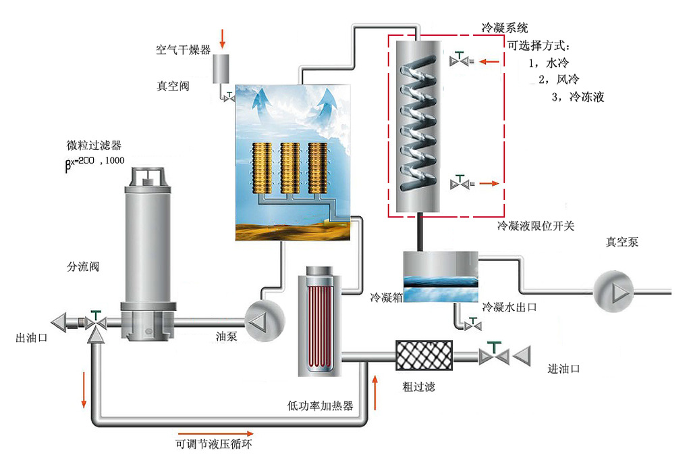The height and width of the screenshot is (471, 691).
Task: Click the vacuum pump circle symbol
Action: (613, 291)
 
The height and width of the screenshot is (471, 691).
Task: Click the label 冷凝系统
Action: (505, 28)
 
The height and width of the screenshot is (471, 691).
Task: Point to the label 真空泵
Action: (621, 242)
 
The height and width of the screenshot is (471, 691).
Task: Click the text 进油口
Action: (563, 369)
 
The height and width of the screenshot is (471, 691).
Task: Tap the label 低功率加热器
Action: (321, 405)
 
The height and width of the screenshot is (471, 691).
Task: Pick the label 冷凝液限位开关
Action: (536, 226)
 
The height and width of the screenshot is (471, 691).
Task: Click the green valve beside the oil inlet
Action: (495, 355)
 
